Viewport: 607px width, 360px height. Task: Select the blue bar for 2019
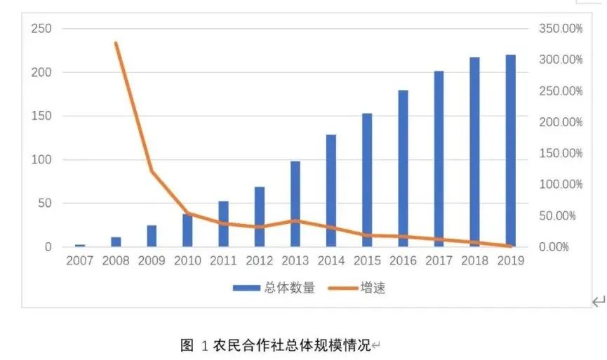coord(510,151)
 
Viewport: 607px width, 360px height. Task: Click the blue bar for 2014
coord(331,190)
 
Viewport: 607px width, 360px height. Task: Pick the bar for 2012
coord(260,217)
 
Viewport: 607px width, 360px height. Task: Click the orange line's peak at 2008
coord(116,44)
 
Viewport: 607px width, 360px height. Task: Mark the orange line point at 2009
coord(152,171)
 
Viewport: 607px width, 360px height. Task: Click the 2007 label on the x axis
coord(80,261)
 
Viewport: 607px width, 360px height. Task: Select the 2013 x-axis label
coord(295,261)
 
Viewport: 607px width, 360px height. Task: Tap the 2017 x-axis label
coord(439,261)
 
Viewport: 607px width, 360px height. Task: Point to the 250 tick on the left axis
coord(41,29)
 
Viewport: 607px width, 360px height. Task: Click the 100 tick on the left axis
coord(41,160)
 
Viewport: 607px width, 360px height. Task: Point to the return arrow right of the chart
coord(598,302)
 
